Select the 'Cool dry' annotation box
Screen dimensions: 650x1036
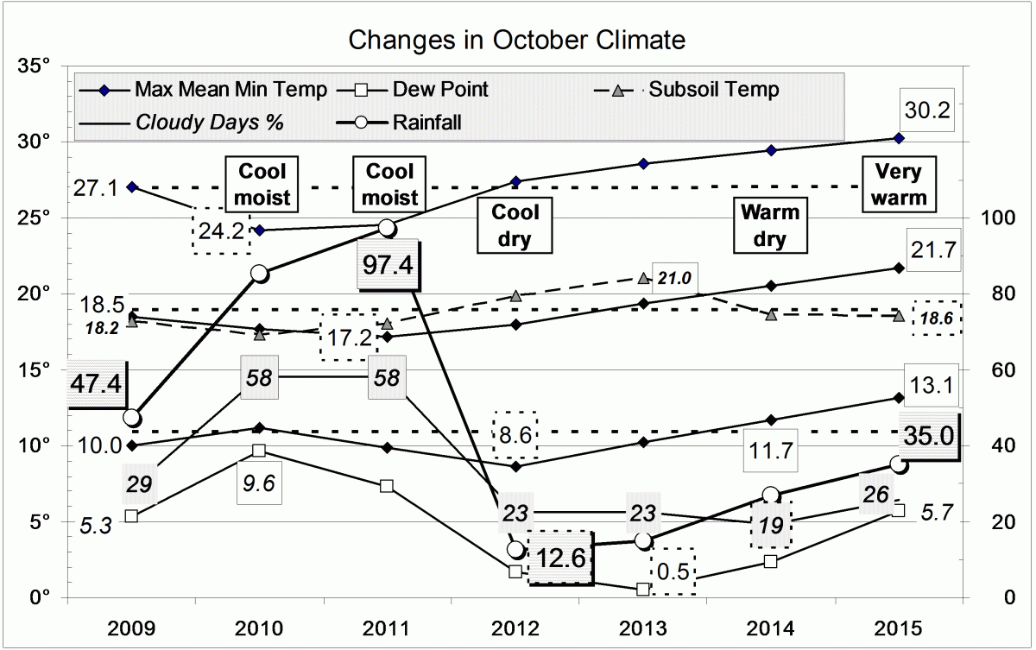516,225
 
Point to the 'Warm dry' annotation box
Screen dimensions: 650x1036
768,225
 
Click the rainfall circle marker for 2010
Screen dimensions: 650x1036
259,273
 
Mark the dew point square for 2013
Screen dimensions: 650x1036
643,589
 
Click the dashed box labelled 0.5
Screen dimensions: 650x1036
672,571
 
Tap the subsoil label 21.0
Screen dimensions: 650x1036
675,278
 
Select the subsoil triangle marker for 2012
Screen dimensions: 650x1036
515,296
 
